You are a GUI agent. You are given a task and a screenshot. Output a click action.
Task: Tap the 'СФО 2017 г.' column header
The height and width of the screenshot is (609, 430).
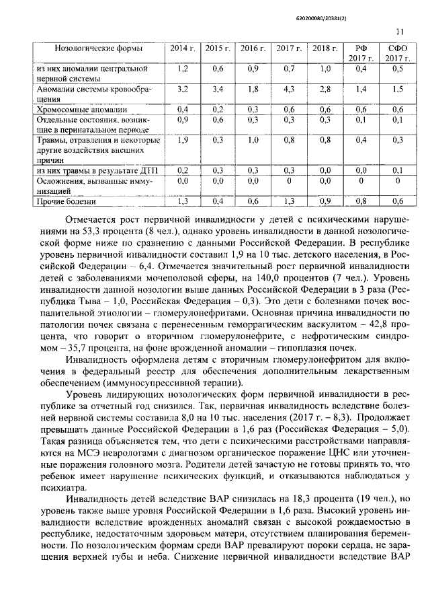point(397,54)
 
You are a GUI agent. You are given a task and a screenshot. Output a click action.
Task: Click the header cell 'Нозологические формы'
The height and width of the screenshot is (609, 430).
point(99,49)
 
